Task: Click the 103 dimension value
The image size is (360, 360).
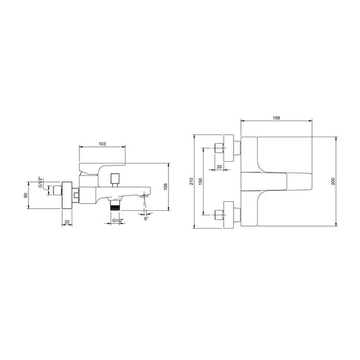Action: [102, 144]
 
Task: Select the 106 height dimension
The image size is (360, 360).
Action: [166, 187]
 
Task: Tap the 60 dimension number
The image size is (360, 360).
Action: [26, 195]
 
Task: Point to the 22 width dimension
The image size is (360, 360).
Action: [67, 221]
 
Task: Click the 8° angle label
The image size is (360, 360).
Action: [146, 219]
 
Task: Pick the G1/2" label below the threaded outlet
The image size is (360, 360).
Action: [118, 221]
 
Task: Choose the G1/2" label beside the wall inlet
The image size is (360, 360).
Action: [41, 182]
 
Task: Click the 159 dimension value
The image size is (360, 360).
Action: [276, 118]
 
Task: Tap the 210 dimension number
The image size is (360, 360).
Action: [192, 181]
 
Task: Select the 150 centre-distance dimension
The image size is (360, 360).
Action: [201, 181]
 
